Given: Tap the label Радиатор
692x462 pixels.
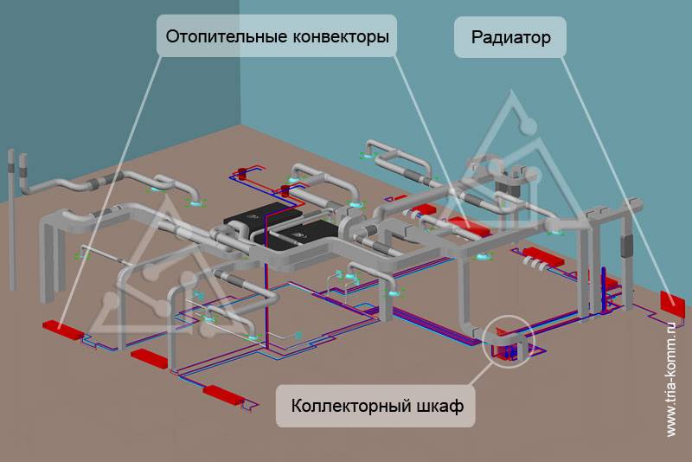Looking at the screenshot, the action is tap(510, 37).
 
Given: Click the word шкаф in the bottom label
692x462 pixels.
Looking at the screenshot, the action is tap(440, 405).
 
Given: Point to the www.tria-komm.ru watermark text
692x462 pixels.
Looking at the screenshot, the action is tap(671, 379).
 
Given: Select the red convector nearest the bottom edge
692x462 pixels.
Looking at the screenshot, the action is tap(223, 394).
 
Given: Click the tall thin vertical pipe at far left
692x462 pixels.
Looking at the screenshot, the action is tap(12, 220).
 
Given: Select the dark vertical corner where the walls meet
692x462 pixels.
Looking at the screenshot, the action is tap(240, 63).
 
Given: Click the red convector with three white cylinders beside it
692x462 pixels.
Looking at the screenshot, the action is tap(544, 256).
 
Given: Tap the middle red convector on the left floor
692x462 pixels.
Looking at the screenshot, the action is tap(150, 358).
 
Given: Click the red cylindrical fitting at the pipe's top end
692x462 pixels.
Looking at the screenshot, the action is tap(242, 172).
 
